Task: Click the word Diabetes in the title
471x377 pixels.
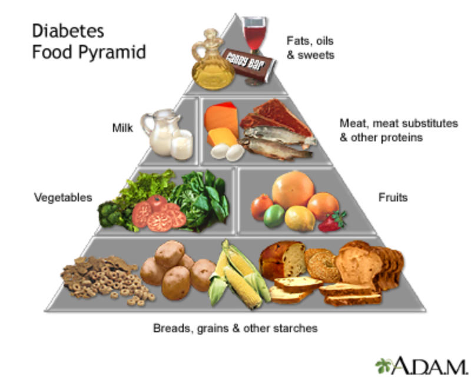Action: [68, 31]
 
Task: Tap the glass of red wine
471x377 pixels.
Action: [254, 45]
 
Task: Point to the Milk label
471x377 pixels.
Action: [122, 128]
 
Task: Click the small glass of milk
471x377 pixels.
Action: [182, 144]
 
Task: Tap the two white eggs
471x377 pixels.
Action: [228, 151]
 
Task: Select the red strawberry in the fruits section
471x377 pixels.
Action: [331, 222]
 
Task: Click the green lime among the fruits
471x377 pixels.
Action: [274, 216]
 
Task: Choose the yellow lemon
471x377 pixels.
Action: [300, 219]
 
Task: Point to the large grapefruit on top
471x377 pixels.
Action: [293, 190]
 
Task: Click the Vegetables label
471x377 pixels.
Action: [63, 197]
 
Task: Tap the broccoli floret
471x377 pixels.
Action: [110, 214]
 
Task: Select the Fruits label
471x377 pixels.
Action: [393, 197]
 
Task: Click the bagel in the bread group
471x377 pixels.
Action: [322, 265]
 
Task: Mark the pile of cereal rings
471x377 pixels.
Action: [108, 281]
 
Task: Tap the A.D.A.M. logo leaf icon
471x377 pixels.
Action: [384, 366]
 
